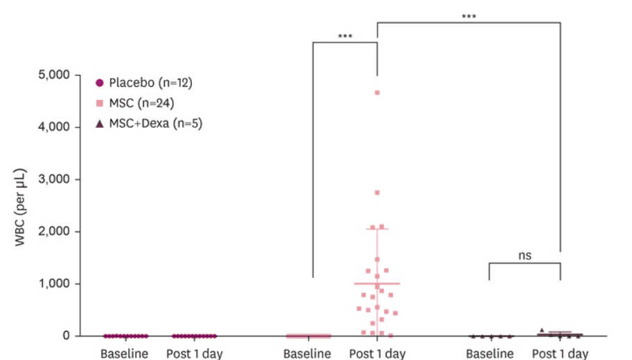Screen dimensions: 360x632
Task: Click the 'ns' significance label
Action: [x=525, y=255]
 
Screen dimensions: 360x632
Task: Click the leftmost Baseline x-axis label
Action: [x=125, y=353]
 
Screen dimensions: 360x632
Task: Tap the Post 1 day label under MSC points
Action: [x=378, y=353]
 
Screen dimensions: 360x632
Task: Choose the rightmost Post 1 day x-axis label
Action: [x=560, y=353]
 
